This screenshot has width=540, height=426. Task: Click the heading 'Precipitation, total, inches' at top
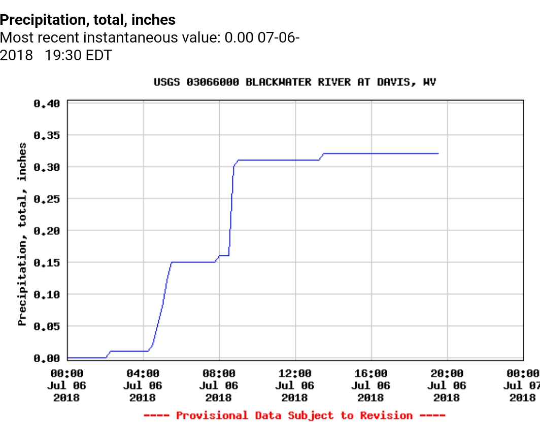pos(88,20)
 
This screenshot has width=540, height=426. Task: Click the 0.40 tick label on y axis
pos(47,103)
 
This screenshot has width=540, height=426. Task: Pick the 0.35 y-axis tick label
pos(47,135)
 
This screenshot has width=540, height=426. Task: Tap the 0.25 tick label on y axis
pos(47,199)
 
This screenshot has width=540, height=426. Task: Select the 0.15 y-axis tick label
pos(47,262)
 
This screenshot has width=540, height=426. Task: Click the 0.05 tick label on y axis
pos(47,326)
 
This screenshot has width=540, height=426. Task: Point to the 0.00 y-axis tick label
pos(47,358)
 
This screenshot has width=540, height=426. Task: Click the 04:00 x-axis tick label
pos(143,374)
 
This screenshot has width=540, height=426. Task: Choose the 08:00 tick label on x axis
pos(219,374)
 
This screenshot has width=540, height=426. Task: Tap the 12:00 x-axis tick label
pos(295,374)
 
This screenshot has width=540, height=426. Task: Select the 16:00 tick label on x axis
pos(371,374)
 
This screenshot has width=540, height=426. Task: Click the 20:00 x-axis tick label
pos(447,374)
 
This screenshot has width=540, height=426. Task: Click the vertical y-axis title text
pos(22,234)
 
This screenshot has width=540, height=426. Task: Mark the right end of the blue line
pos(438,153)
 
